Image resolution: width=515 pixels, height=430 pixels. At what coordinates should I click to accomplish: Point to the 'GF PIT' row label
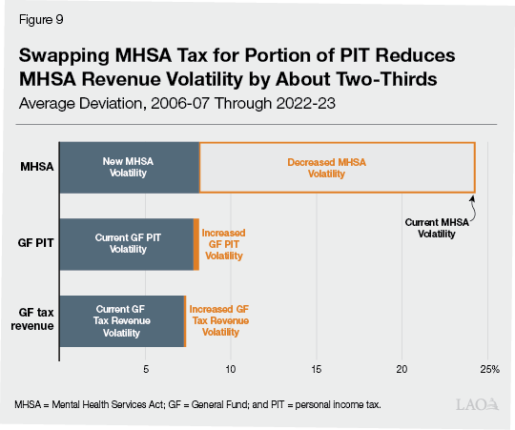pos(34,243)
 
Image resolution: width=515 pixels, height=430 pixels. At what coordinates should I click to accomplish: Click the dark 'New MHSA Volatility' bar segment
pos(129,168)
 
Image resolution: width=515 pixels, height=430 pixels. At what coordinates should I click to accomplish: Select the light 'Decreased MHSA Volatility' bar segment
pos(337,168)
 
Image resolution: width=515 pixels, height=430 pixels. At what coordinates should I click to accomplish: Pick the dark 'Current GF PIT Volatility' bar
pos(127,243)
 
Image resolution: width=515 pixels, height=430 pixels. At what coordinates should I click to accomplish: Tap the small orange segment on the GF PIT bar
pos(196,243)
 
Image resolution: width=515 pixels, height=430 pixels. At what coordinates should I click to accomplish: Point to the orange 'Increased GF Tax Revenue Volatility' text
pos(219,320)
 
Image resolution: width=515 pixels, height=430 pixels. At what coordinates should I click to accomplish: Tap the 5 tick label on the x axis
pos(145,368)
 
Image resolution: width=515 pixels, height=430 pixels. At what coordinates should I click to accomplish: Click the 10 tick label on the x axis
pos(230,368)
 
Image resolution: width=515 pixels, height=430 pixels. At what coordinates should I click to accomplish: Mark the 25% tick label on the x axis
pos(489,368)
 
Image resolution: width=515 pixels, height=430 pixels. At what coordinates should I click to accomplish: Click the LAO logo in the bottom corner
pos(479,405)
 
